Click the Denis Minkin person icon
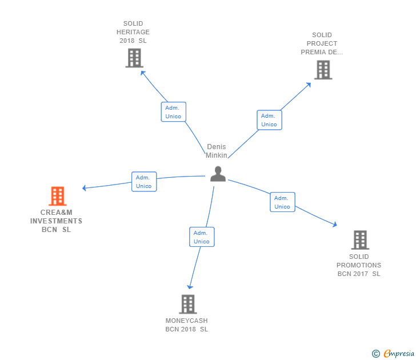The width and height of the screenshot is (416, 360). (218, 174)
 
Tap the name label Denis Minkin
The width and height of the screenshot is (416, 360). (217, 151)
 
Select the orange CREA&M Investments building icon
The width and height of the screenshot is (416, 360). (57, 196)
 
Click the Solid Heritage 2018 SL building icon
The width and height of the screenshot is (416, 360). (134, 58)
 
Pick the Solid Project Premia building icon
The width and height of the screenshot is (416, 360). (323, 70)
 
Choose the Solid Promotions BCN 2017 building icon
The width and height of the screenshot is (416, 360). (359, 240)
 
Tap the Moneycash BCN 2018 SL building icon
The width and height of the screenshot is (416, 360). (187, 304)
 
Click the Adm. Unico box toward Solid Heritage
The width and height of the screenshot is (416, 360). (173, 112)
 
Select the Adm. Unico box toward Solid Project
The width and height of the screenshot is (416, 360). (269, 120)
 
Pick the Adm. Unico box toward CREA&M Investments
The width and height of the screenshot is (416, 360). (144, 182)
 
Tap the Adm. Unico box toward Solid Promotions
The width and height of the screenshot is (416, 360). (282, 202)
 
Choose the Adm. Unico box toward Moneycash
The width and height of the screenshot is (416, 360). (202, 237)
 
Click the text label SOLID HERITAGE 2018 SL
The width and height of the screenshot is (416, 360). (133, 32)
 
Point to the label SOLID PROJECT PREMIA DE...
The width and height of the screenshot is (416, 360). (322, 43)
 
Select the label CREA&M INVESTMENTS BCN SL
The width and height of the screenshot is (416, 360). (57, 221)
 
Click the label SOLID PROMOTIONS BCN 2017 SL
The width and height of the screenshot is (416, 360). (359, 265)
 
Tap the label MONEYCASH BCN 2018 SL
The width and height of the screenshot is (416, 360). (187, 325)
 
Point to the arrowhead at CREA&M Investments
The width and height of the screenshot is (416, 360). (85, 188)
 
